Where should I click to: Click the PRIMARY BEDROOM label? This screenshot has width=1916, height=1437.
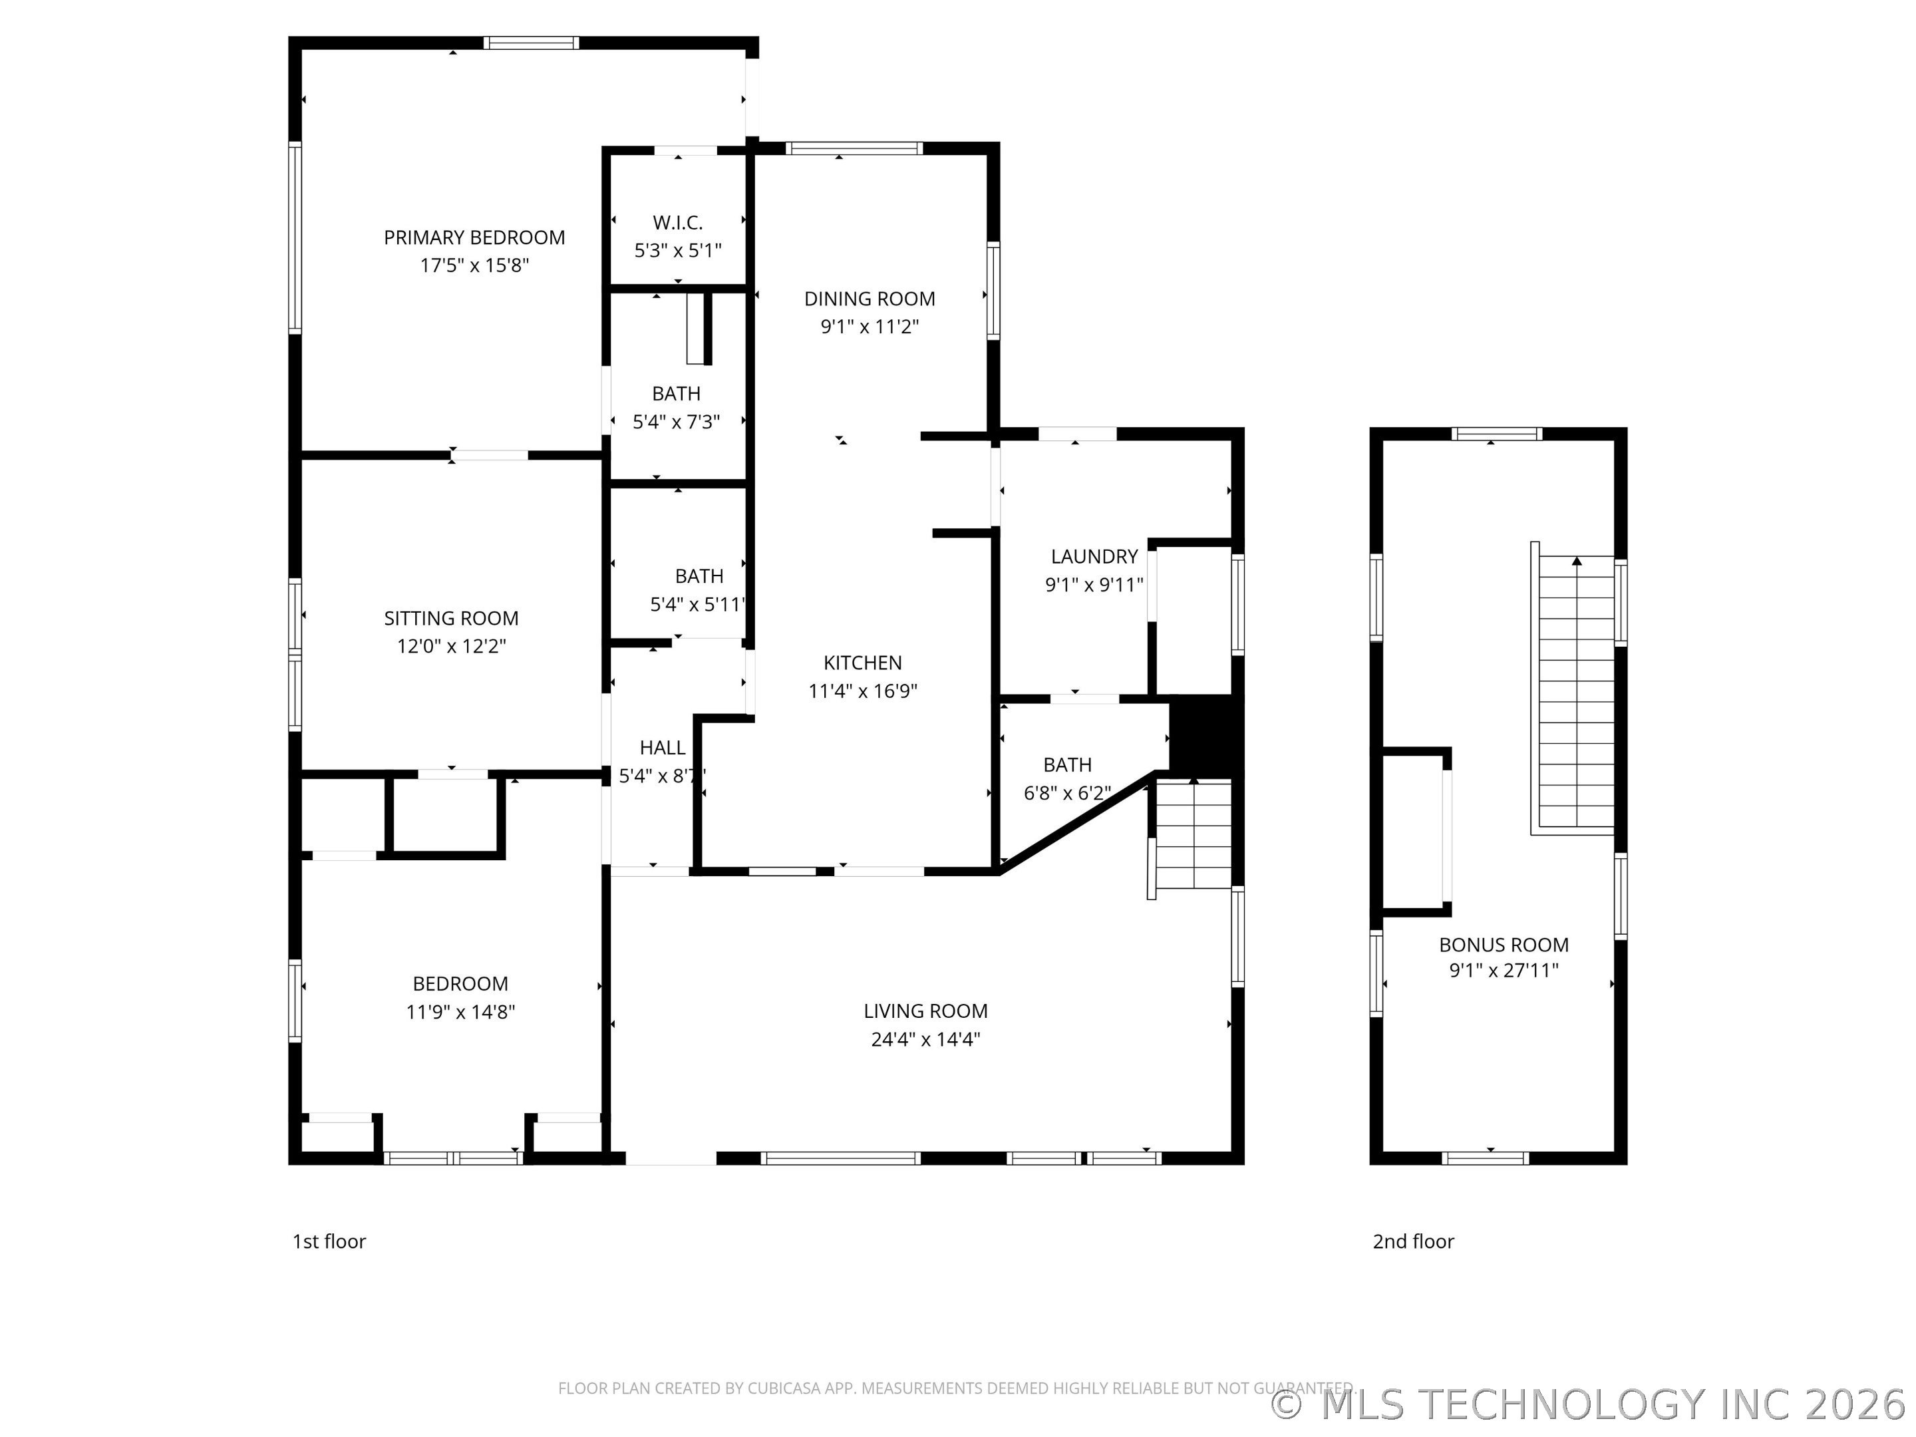coord(474,238)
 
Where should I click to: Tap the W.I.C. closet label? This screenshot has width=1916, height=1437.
coord(677,223)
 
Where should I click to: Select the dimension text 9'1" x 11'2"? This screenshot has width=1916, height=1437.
coord(869,327)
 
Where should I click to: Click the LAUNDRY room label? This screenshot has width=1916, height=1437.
coord(1094,557)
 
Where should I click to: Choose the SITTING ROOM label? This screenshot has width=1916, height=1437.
coord(451,619)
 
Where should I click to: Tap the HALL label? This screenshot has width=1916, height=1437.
coord(663,748)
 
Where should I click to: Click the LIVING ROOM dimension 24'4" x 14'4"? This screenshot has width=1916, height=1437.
coord(925,1038)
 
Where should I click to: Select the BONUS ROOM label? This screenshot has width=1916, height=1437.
coord(1504,945)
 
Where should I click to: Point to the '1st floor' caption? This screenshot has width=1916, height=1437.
coord(329,1241)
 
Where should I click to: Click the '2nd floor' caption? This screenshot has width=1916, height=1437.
coord(1413,1241)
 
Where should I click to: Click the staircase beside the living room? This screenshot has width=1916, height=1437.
coord(1193,834)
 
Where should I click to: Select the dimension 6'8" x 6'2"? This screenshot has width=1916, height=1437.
coord(1067,792)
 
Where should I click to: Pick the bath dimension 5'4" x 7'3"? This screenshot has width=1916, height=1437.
coord(677,422)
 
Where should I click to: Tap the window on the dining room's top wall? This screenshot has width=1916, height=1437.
coord(854,149)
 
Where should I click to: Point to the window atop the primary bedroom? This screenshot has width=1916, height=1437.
coord(531,43)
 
